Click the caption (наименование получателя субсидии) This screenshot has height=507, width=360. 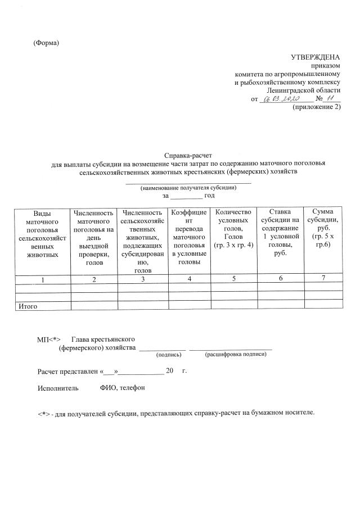[x=188, y=187]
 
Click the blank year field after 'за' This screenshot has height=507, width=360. [x=186, y=195]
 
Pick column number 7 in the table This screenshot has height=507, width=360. [x=322, y=279]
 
